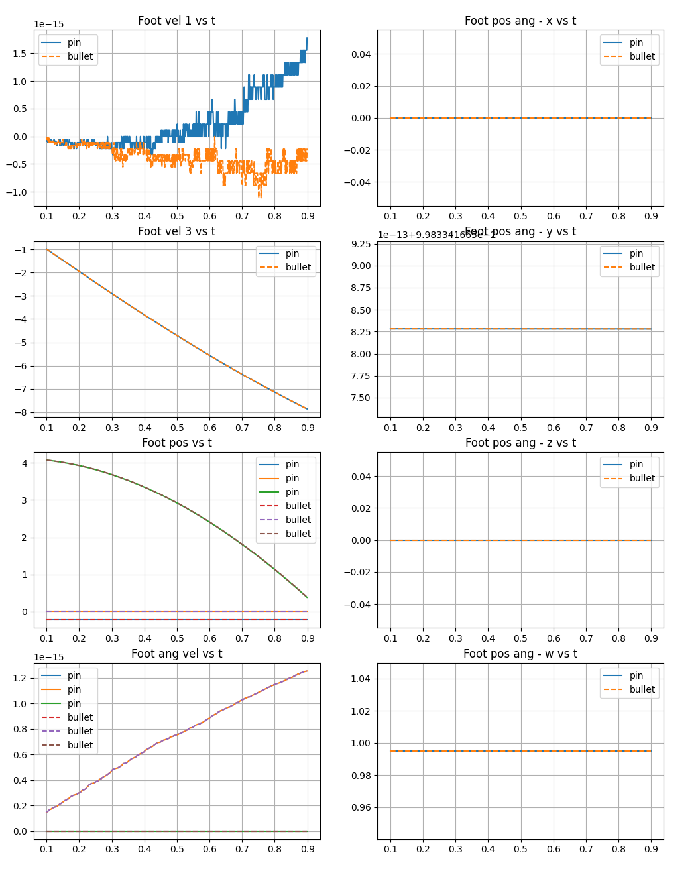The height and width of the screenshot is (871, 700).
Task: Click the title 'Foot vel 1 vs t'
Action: click(176, 21)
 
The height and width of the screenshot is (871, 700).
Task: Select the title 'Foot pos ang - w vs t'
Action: click(520, 654)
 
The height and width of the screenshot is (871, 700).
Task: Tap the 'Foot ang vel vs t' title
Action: click(176, 654)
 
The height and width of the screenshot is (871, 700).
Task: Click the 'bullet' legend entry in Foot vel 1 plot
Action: click(80, 56)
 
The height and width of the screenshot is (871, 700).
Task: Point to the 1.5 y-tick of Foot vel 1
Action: click(20, 54)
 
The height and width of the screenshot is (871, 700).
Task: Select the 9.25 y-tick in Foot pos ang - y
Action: click(361, 244)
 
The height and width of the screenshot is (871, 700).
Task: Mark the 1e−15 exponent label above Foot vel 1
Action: click(49, 25)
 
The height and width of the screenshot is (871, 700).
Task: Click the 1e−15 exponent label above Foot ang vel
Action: click(49, 658)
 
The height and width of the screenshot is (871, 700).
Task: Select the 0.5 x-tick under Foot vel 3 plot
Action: click(177, 428)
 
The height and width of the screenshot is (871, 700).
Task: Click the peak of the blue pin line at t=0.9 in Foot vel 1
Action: click(307, 38)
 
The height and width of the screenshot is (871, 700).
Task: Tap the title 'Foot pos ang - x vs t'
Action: click(520, 21)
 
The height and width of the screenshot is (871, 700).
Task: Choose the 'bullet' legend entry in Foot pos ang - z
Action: click(642, 478)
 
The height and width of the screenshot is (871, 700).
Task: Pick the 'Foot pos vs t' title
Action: click(176, 443)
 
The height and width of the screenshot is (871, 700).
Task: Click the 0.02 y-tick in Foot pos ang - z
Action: click(361, 508)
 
